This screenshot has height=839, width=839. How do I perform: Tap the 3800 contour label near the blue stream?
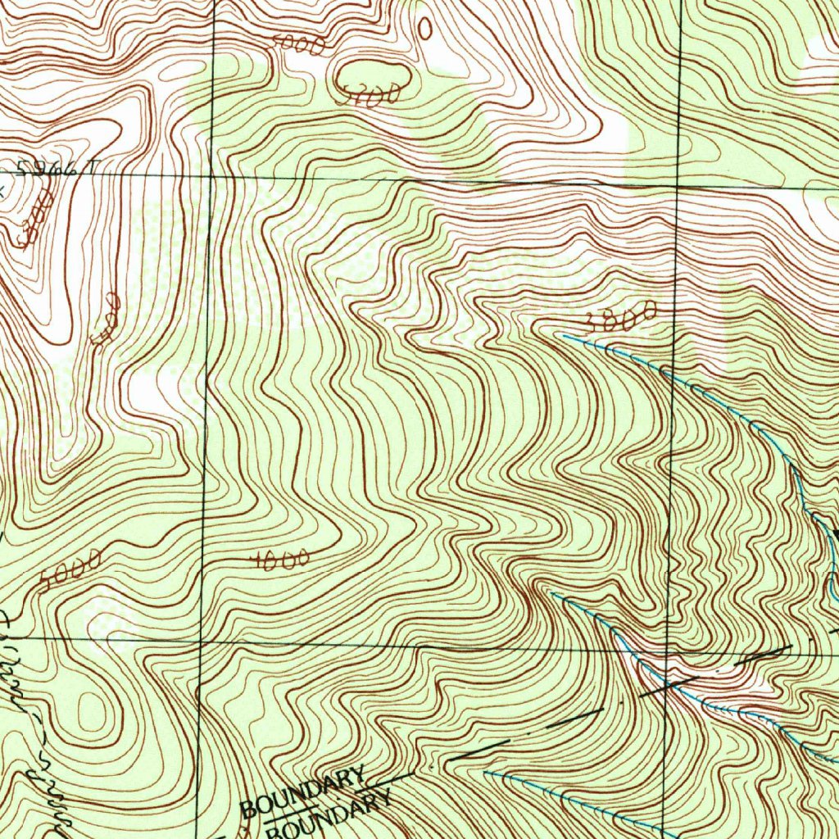click(622, 317)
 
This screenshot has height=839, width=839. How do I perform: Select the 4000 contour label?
click(279, 560)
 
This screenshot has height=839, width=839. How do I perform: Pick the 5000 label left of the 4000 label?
click(70, 571)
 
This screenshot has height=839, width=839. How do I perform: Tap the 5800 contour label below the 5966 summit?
click(35, 217)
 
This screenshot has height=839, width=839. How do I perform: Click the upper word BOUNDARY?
click(303, 791)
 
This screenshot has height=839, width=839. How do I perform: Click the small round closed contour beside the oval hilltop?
click(424, 28)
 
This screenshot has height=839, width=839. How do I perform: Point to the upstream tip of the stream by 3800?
click(564, 334)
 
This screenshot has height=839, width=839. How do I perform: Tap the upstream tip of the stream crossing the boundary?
click(551, 592)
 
